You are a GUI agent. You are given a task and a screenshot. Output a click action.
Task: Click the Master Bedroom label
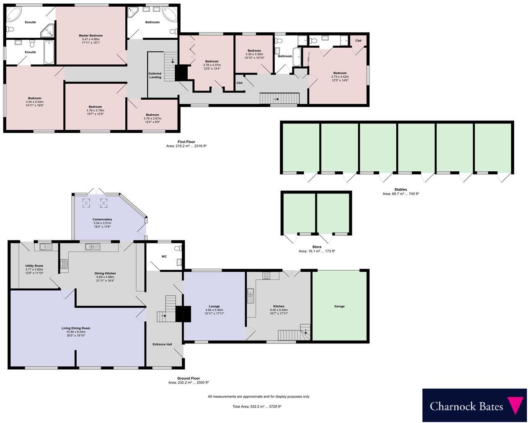click(x=90, y=36)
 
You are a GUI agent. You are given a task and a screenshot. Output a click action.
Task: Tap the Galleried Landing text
click(x=155, y=75)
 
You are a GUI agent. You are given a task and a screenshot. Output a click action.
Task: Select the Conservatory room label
click(x=102, y=219)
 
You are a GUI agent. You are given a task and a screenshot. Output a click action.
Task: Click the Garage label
click(x=339, y=306)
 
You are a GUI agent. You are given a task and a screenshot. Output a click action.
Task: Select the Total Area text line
click(x=256, y=406)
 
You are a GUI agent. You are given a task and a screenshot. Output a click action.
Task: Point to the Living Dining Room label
click(x=76, y=328)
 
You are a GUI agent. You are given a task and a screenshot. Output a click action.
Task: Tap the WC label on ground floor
click(x=164, y=256)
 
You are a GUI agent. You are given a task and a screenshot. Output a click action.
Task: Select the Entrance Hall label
click(x=162, y=344)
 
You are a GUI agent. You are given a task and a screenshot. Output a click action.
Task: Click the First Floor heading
click(x=186, y=142)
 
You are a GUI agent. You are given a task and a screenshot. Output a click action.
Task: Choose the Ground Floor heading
click(x=188, y=378)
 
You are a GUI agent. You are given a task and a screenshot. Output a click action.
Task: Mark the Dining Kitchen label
click(x=105, y=273)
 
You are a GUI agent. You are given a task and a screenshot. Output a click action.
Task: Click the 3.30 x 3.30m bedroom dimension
click(x=254, y=54)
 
